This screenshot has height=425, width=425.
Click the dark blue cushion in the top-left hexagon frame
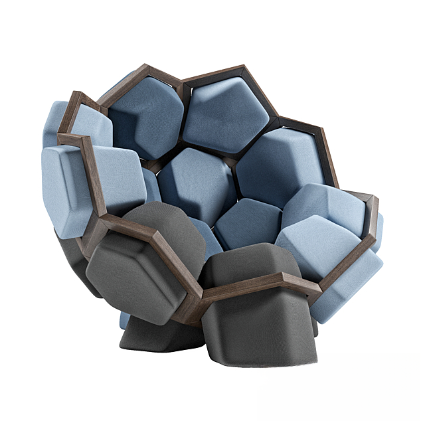click(x=146, y=116)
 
